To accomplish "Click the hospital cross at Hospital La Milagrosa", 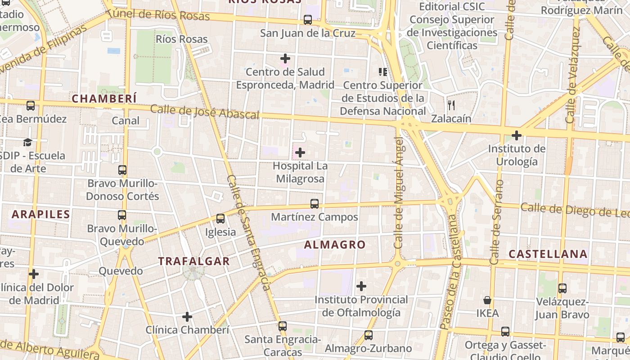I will [x=300, y=153].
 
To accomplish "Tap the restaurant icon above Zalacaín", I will [x=451, y=105].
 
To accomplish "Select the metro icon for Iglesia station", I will [x=220, y=219].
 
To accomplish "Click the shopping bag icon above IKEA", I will [x=487, y=300].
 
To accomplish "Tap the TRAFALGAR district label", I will [x=193, y=261].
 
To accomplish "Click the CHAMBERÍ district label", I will [x=104, y=99].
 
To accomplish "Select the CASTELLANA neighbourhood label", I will [x=548, y=254].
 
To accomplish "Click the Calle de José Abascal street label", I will [x=205, y=112].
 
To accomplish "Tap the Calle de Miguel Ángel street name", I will [x=399, y=193].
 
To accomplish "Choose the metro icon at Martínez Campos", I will [x=315, y=204].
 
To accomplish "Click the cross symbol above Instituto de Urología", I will [x=517, y=135].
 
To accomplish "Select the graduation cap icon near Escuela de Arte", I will [x=27, y=143].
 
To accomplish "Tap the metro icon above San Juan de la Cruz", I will [x=308, y=20].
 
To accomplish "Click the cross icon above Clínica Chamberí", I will [x=187, y=317].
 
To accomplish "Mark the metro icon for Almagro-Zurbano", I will [x=369, y=335].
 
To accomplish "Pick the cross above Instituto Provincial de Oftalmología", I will [x=361, y=286].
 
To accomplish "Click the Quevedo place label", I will [x=121, y=271].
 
